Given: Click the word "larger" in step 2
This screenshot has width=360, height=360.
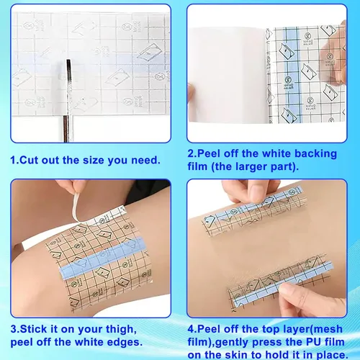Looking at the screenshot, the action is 251,167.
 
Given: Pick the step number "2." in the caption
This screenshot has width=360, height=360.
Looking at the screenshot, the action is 192,153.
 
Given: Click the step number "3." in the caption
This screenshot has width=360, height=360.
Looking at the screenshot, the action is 15,329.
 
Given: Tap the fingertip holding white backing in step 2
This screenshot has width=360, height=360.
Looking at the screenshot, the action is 192,92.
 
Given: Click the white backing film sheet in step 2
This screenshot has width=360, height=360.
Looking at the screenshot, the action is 228,75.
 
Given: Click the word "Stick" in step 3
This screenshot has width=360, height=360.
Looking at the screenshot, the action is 34,329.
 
